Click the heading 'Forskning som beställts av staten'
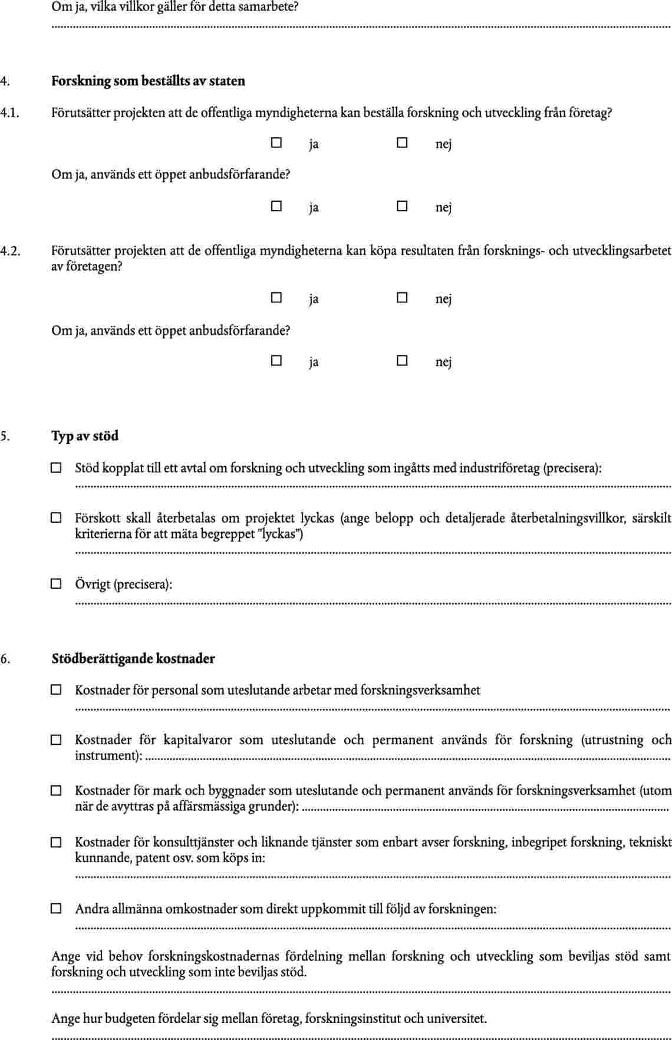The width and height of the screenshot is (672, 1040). (148, 81)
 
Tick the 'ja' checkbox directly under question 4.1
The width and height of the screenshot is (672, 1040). (276, 143)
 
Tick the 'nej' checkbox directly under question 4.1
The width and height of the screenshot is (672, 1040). (402, 143)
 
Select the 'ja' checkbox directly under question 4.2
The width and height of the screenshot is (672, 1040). (276, 298)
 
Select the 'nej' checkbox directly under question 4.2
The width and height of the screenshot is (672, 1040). (402, 298)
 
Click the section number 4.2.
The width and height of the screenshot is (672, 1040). (11, 252)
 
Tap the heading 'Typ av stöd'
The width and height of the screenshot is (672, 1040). (85, 436)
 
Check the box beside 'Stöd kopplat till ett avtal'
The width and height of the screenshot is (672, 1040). (56, 468)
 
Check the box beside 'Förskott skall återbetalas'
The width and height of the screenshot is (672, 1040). (56, 519)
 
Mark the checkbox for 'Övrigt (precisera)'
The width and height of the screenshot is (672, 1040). (56, 585)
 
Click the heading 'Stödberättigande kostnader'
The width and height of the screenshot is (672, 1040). (133, 659)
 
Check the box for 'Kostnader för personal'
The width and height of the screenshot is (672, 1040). (56, 690)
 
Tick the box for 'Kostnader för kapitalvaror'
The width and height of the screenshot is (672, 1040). (56, 740)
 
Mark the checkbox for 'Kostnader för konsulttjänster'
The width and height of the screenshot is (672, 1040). (56, 843)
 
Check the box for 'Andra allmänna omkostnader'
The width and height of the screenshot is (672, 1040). (56, 909)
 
